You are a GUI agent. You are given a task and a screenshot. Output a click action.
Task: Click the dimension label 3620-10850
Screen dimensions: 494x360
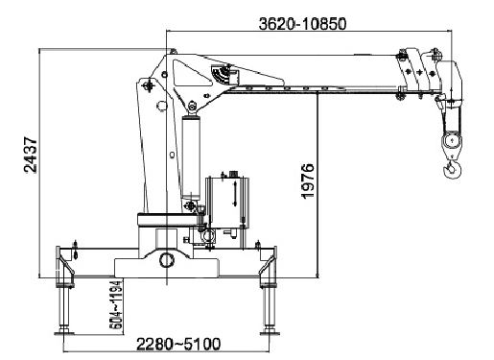302,24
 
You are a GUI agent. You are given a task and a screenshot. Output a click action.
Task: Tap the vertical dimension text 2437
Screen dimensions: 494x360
31,155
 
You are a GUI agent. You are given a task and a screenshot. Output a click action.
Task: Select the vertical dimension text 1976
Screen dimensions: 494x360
308,180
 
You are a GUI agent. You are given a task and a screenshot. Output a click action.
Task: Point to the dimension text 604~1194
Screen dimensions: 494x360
116,305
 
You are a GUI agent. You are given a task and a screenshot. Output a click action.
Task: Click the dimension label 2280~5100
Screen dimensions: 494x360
178,344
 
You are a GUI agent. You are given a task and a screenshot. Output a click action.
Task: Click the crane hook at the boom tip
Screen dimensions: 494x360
452,169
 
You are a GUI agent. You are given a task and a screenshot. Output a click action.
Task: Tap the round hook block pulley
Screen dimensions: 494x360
452,141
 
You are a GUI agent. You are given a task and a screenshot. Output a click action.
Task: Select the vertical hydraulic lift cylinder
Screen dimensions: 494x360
191,157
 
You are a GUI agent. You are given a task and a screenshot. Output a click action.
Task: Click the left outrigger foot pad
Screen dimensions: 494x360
64,332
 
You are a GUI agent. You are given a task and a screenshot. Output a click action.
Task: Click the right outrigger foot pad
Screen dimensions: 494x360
270,332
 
